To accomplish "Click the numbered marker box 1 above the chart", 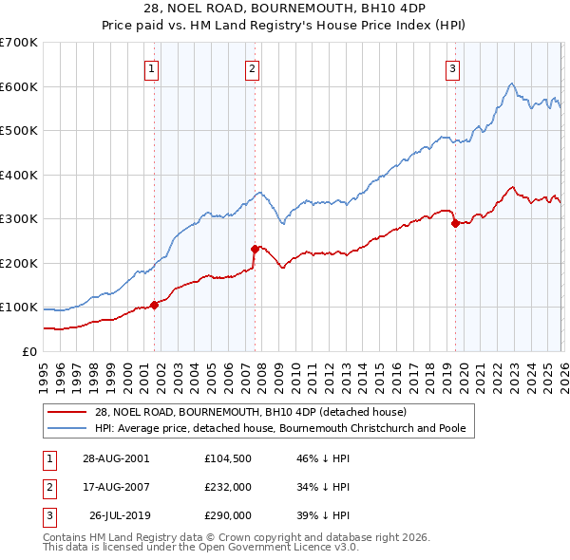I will pos(153,67).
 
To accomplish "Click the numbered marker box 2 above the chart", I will pos(252,67).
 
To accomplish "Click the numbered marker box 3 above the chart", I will pos(452,67).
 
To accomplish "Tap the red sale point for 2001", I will pos(155,305).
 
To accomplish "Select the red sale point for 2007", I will pos(255,249).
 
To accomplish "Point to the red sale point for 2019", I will pos(455,224).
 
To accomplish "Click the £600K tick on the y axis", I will pos(19,86).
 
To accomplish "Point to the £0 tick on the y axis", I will pos(30,351).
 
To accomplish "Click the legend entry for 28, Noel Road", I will pos(251,412).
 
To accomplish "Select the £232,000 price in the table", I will pos(228,487).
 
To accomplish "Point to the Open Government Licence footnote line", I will pos(200,548).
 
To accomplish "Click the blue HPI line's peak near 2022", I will pos(511,84).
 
